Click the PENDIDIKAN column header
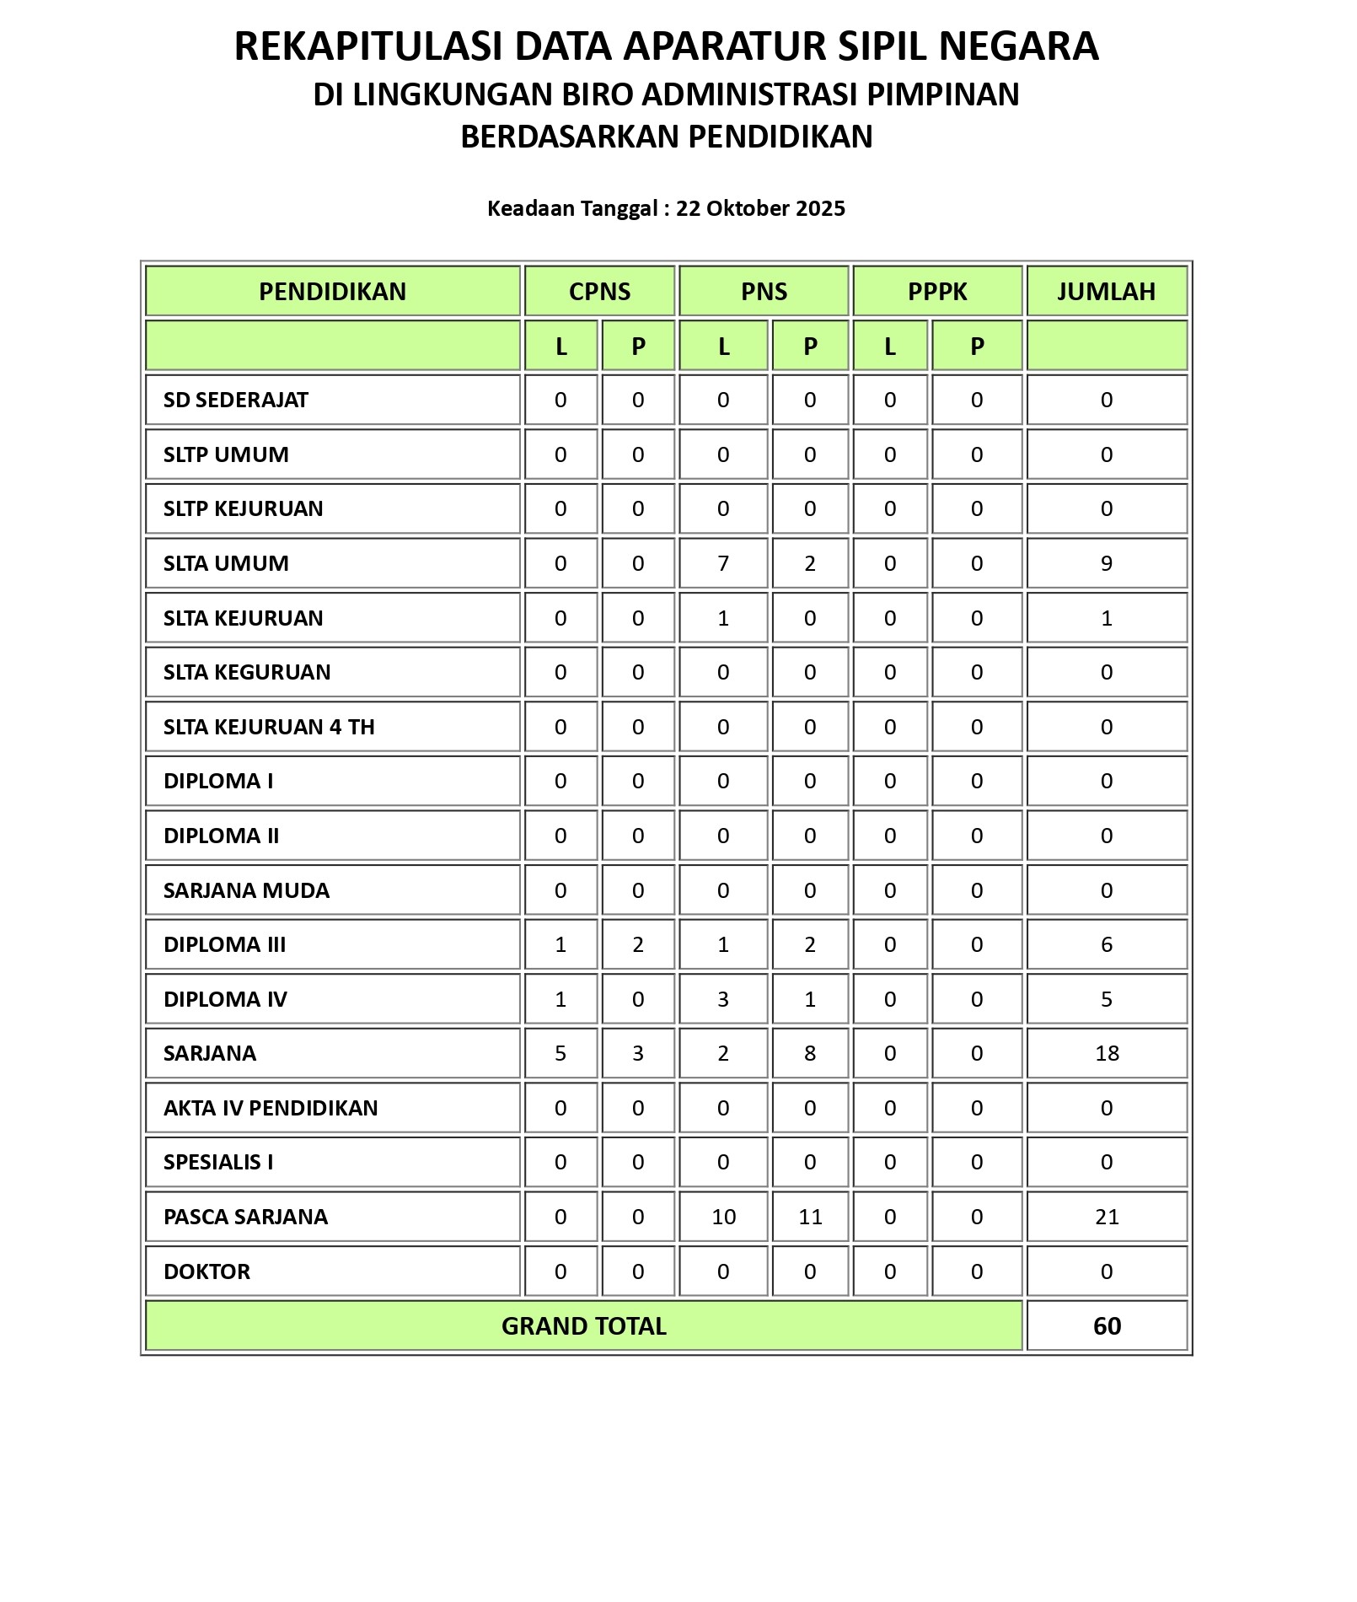[332, 292]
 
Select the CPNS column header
[599, 292]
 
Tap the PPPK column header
[937, 292]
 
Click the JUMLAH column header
[1106, 292]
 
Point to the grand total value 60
[1107, 1326]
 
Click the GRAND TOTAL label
[583, 1326]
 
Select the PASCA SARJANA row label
[245, 1217]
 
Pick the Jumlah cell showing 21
[1107, 1217]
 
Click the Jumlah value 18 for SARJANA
[1107, 1053]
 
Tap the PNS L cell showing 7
[723, 563]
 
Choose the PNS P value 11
[810, 1217]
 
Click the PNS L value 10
[723, 1217]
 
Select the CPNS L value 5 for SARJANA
[560, 1053]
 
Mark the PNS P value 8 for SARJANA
[810, 1053]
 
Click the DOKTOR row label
[206, 1271]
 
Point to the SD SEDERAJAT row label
[236, 400]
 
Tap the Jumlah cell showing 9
[1107, 563]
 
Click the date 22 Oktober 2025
[760, 208]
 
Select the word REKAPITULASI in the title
[369, 46]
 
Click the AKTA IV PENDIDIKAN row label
[271, 1108]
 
